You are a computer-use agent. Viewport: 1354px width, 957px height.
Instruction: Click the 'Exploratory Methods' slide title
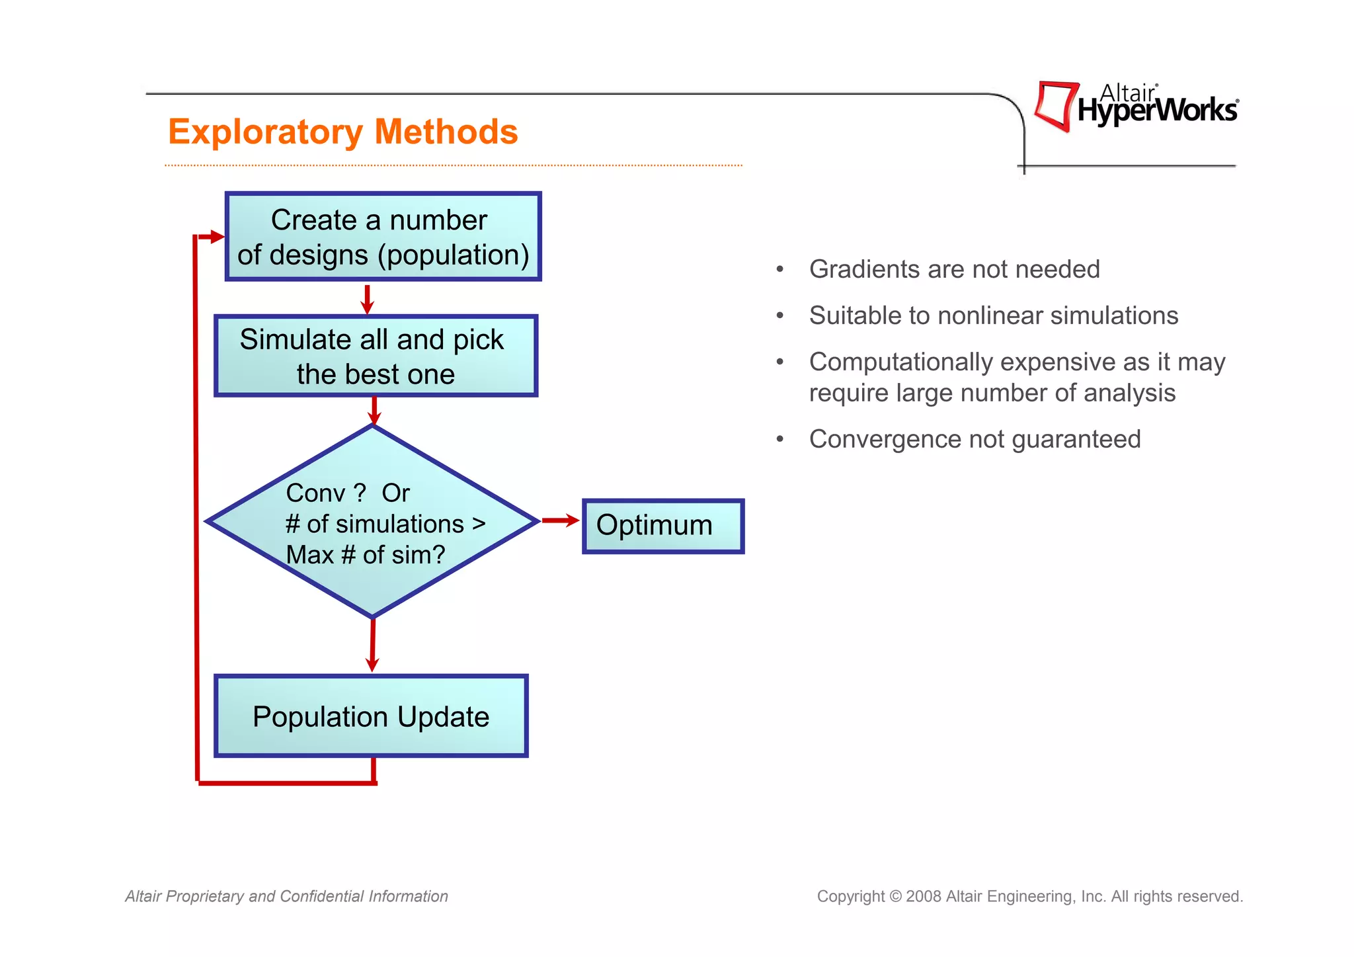point(342,132)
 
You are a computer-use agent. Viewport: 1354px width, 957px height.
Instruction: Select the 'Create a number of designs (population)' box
point(383,237)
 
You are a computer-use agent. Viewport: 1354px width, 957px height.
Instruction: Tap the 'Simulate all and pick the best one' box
point(375,356)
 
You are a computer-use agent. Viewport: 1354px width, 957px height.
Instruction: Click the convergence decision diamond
point(372,522)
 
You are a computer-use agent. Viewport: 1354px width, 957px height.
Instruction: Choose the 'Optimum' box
point(662,526)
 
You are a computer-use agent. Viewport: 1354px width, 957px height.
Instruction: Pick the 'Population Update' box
point(371,716)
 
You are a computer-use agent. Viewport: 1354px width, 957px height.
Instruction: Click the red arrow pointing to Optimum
point(560,520)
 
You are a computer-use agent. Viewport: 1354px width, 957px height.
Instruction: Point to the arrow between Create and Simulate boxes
point(368,299)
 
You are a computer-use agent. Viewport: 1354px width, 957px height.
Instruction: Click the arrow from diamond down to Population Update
point(372,644)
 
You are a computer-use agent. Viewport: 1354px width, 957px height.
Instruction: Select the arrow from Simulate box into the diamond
point(374,411)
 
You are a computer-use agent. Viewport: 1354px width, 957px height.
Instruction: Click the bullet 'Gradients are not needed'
point(954,269)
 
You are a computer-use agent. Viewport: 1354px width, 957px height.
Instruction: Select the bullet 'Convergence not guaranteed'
point(975,439)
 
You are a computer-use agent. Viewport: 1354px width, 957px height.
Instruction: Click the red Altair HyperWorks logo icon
point(1056,106)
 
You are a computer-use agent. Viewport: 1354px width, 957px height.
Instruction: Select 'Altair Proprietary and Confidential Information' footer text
point(286,896)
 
